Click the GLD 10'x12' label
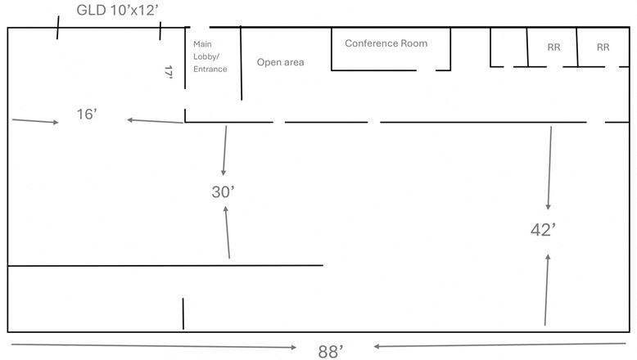117,10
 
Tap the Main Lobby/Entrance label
210,56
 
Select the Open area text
280,62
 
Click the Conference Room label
386,43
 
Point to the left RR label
553,47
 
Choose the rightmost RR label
603,47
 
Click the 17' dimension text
169,72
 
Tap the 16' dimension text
87,114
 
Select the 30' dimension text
223,192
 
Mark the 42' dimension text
543,230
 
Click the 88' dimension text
331,352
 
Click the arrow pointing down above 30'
224,151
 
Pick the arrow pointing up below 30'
227,232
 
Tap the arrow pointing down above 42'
549,168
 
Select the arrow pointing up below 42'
546,290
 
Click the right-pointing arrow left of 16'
35,121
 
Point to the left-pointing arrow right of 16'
156,121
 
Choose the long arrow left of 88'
154,346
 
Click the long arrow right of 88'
499,345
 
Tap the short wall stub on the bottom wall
183,313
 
